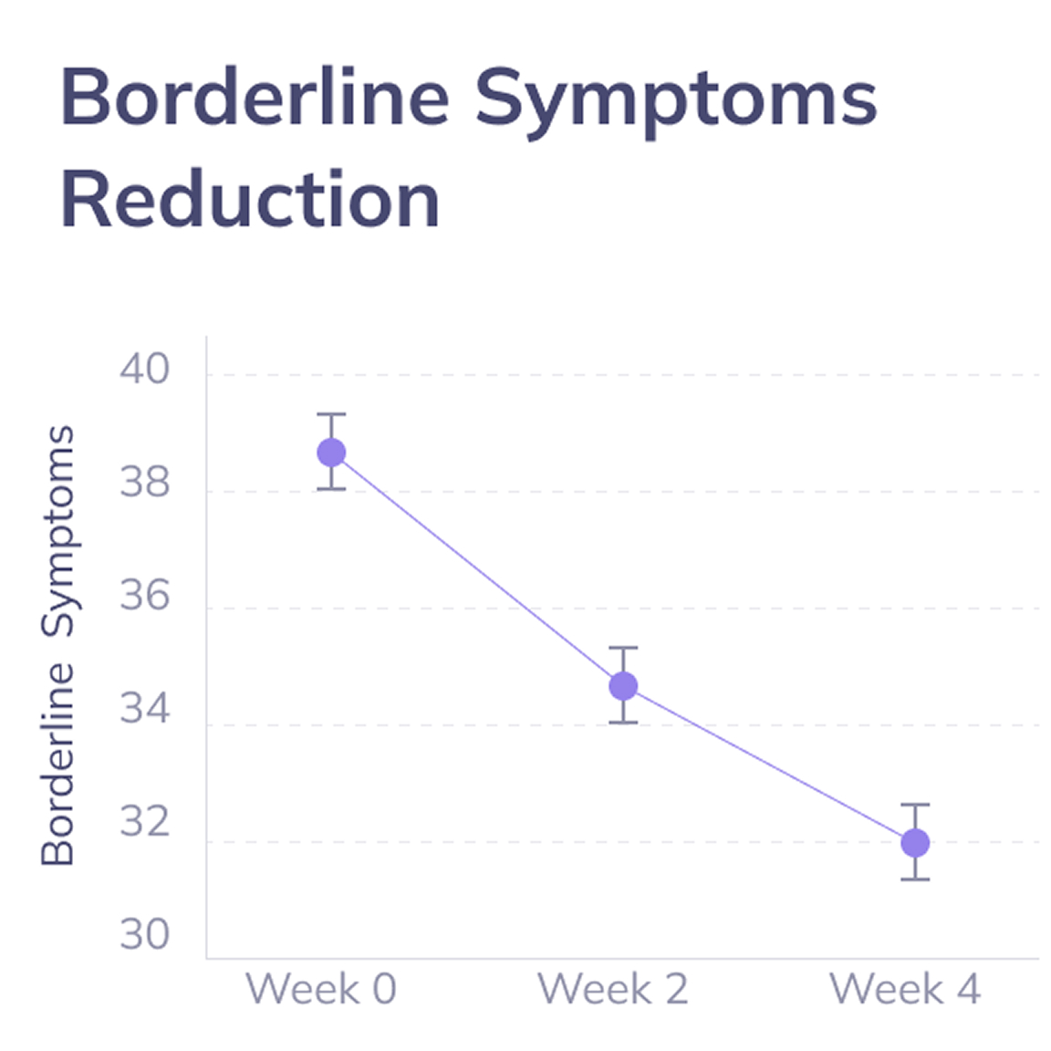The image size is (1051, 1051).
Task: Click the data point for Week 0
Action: point(331,452)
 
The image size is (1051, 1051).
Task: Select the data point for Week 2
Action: point(623,685)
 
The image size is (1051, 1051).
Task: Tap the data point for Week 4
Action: point(915,842)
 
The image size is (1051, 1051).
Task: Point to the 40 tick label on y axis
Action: point(144,369)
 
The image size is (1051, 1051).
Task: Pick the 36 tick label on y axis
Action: point(144,596)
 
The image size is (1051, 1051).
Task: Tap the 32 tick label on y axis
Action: point(144,822)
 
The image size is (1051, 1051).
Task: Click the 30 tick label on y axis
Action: point(144,935)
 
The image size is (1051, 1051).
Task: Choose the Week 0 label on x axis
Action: point(321,989)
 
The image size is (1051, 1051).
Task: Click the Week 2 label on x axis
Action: point(613,989)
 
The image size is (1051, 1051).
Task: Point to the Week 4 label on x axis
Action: point(905,989)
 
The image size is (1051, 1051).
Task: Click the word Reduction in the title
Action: point(250,199)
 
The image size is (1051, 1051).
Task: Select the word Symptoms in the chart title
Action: point(675,99)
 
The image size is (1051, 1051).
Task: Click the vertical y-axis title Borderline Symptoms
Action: point(57,645)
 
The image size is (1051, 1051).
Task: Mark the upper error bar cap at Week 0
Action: point(331,414)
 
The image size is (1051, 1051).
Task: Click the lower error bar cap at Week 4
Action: point(915,879)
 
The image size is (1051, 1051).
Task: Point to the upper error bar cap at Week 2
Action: point(623,648)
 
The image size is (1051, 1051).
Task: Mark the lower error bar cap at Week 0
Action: point(331,489)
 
